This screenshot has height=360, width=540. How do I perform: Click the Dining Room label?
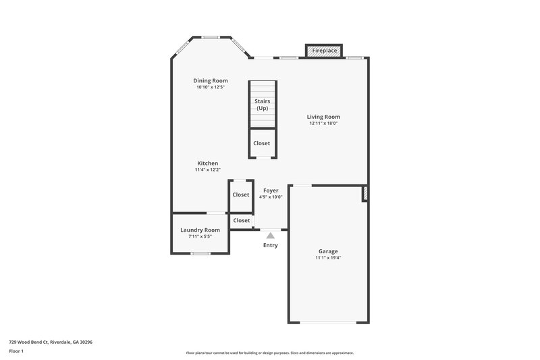210,80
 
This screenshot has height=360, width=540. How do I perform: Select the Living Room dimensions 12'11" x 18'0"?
323,124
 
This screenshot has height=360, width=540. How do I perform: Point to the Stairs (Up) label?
261,105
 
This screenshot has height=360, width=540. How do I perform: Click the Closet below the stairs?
261,143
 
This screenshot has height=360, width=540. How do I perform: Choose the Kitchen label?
207,163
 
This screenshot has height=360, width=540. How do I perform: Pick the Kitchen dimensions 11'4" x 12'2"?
207,170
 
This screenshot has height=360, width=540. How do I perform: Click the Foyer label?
271,190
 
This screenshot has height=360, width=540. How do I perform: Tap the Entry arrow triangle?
270,236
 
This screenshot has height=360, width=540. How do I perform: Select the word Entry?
270,245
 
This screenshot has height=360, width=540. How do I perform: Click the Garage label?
328,251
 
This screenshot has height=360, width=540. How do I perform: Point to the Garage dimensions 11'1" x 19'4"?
328,258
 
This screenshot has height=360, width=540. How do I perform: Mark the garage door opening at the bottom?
328,322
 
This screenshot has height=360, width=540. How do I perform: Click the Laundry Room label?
200,230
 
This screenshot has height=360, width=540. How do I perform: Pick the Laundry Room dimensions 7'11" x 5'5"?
200,236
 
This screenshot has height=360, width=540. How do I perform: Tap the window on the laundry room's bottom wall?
200,253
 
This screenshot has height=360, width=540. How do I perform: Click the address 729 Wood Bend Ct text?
51,342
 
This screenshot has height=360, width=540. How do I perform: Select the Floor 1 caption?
17,352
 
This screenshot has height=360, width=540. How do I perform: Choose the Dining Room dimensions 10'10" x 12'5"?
210,87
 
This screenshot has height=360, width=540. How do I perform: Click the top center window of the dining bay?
211,36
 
